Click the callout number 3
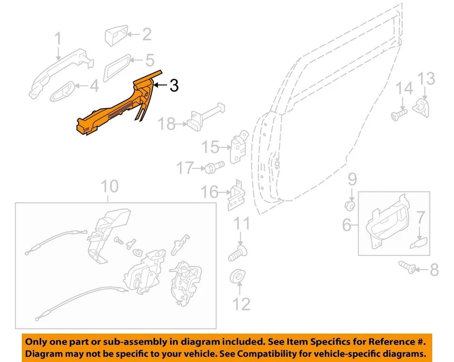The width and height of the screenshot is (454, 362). click(174, 86)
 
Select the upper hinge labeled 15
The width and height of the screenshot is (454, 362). click(238, 148)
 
